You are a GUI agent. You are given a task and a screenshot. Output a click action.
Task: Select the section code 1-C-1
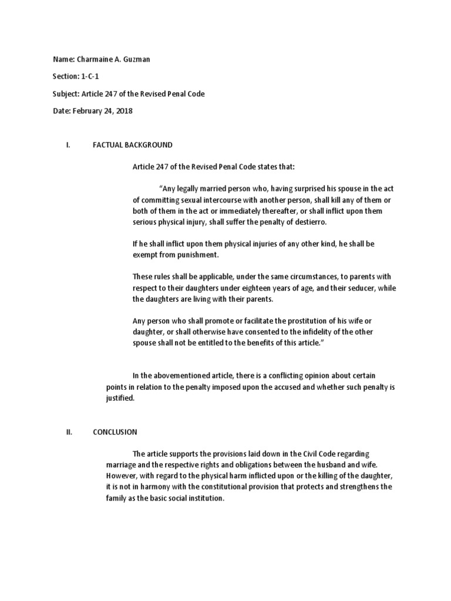[x=90, y=77]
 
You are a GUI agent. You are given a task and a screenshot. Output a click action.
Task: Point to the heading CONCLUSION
[x=115, y=432]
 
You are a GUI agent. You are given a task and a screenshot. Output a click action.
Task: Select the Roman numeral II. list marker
[x=69, y=432]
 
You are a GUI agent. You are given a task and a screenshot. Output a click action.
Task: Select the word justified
[x=120, y=398]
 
